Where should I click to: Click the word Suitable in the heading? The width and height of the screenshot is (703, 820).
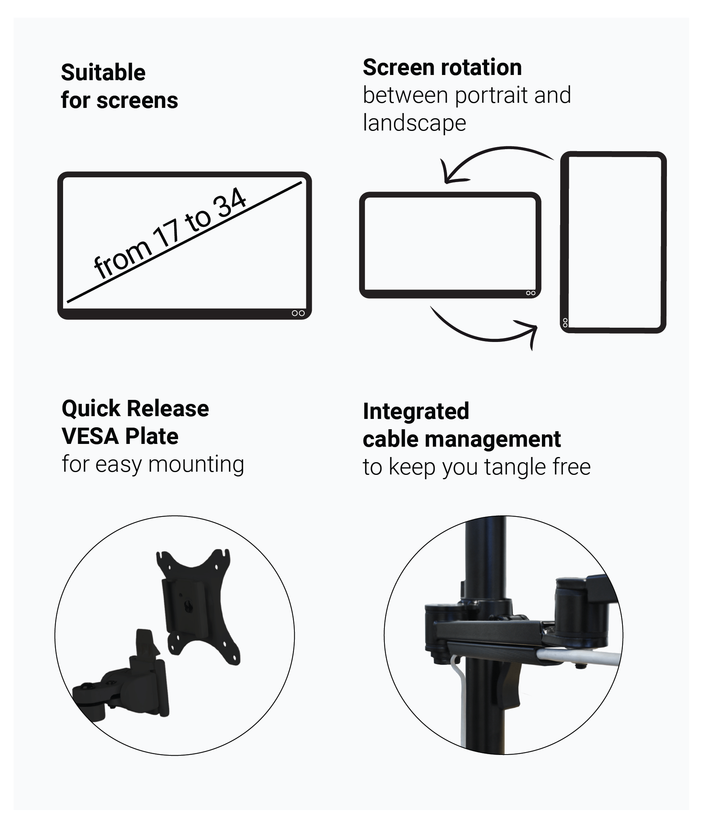point(103,73)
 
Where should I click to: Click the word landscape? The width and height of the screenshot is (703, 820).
point(415,123)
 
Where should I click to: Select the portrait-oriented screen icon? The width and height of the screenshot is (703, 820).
point(613,242)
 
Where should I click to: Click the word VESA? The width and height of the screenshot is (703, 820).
point(90,436)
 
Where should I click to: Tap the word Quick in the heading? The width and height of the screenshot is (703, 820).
point(91,409)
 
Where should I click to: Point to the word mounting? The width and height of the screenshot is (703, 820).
point(196,465)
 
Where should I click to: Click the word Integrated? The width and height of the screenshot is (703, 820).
point(416,411)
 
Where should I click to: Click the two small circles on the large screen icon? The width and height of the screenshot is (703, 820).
point(298,313)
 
